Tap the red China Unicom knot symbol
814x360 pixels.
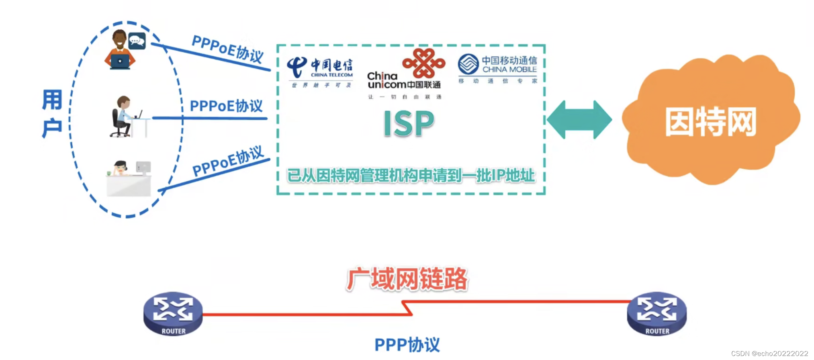click(x=424, y=63)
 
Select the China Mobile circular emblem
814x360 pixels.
click(x=468, y=64)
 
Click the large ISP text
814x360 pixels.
click(x=409, y=123)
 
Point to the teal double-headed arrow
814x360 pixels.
click(x=579, y=120)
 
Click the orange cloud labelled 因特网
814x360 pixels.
click(x=710, y=121)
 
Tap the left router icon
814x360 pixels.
click(x=173, y=313)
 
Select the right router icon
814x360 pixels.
click(x=657, y=313)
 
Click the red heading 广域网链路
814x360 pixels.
click(x=407, y=279)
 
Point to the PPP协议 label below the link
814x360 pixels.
click(x=407, y=345)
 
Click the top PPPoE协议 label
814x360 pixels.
click(x=227, y=49)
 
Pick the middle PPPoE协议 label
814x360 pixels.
click(x=226, y=106)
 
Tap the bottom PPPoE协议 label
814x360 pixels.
click(x=228, y=161)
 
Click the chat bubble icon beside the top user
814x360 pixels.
click(x=137, y=41)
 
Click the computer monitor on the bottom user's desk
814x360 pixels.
click(x=143, y=167)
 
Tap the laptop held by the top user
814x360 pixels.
click(x=120, y=61)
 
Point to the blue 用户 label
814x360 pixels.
click(x=52, y=114)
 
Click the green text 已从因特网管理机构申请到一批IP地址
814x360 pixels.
click(x=411, y=176)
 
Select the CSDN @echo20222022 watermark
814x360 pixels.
click(x=769, y=354)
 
